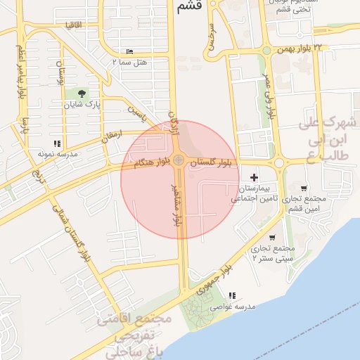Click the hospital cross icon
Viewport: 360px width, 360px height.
pyautogui.click(x=254, y=176)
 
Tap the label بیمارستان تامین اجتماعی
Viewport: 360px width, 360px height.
pyautogui.click(x=258, y=194)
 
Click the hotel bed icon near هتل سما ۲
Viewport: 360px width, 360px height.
pyautogui.click(x=129, y=52)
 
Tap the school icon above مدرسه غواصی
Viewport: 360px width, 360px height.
pyautogui.click(x=232, y=295)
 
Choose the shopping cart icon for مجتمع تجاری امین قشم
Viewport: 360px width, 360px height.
pyautogui.click(x=303, y=188)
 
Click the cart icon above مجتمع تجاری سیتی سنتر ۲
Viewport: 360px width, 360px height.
pyautogui.click(x=271, y=238)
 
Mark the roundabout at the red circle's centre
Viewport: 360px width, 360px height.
pyautogui.click(x=179, y=161)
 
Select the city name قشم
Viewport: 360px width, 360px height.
pyautogui.click(x=190, y=7)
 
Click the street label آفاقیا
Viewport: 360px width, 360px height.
pyautogui.click(x=73, y=25)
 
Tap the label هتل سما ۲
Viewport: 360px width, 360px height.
pyautogui.click(x=129, y=63)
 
